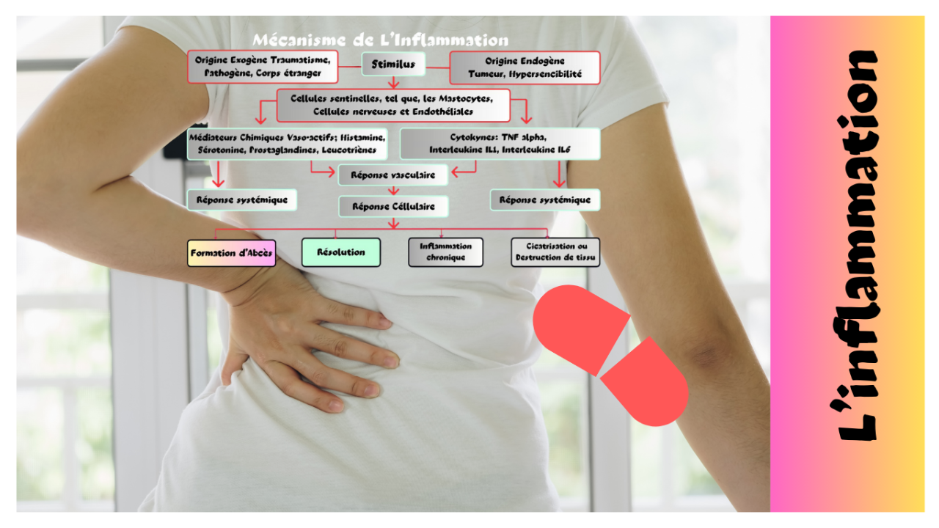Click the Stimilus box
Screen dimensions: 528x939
click(x=393, y=65)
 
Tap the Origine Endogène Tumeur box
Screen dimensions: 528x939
click(x=525, y=67)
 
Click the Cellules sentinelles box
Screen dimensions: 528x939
click(x=392, y=105)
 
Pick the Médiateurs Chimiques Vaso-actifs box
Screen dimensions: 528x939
click(x=287, y=144)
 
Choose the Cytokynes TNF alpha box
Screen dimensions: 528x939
click(x=500, y=144)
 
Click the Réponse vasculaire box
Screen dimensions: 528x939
click(x=392, y=175)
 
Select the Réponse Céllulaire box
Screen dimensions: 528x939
click(x=392, y=206)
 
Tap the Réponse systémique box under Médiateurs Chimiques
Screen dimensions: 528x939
click(x=241, y=199)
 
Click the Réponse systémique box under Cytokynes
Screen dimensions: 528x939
click(x=544, y=199)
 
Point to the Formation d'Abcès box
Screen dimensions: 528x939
click(x=231, y=253)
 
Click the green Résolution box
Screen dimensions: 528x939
click(x=340, y=252)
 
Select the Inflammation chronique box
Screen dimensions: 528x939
click(x=445, y=252)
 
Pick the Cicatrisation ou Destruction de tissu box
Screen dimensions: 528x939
click(x=555, y=252)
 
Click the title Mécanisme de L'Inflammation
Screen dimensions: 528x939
click(x=380, y=40)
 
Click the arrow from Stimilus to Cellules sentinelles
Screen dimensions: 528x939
click(x=393, y=82)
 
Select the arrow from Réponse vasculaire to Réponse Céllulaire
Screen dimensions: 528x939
click(x=393, y=191)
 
